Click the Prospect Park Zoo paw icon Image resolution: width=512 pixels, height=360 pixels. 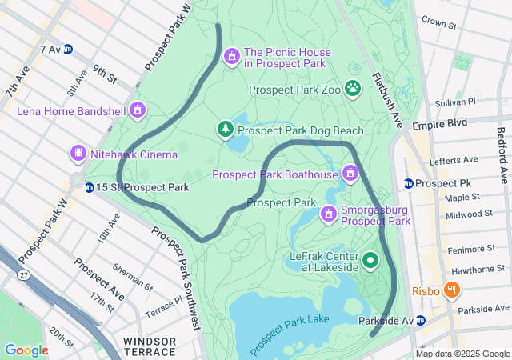[353, 87]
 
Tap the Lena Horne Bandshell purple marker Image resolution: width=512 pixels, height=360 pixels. [138, 110]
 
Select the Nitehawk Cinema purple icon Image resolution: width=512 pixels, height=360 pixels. [78, 153]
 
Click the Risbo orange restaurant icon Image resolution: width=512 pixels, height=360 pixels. [452, 290]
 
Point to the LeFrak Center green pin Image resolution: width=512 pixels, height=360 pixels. [370, 260]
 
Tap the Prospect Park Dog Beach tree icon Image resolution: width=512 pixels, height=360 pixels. [226, 129]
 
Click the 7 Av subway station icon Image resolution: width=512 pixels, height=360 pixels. [68, 50]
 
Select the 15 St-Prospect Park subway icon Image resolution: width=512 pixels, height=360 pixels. [89, 187]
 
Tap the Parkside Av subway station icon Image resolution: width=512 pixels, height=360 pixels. [421, 320]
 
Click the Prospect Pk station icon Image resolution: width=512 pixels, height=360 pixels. [409, 183]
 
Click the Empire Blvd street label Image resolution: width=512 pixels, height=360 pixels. [439, 125]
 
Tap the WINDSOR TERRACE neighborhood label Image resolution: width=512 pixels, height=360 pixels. [150, 346]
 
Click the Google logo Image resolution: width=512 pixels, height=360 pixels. [26, 350]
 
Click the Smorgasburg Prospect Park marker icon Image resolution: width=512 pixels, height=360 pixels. [328, 214]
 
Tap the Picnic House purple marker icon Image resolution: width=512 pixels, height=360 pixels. [232, 56]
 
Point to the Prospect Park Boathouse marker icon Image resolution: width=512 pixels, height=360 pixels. [350, 174]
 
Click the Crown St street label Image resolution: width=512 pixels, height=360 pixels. [438, 22]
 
